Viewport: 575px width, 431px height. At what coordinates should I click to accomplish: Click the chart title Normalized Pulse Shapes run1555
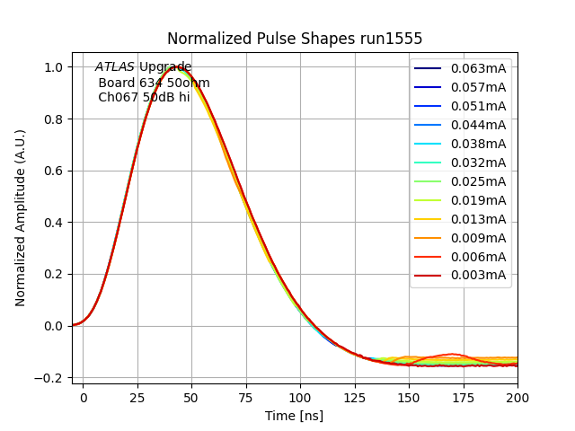point(295,39)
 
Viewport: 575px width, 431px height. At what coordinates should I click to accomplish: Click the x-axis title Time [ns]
point(295,416)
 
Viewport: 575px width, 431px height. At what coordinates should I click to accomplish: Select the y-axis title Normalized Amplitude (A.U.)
point(21,217)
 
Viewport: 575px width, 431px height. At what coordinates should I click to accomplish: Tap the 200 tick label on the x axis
point(517,396)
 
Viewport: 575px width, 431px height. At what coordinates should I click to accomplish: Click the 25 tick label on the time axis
point(137,396)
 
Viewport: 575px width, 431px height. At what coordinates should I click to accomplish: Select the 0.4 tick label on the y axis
point(54,223)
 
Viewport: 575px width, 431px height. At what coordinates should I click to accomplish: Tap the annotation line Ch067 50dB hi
point(144,97)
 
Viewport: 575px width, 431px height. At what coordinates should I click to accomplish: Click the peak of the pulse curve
point(179,67)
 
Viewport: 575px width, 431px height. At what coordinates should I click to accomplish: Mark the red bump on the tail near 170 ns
point(453,355)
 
